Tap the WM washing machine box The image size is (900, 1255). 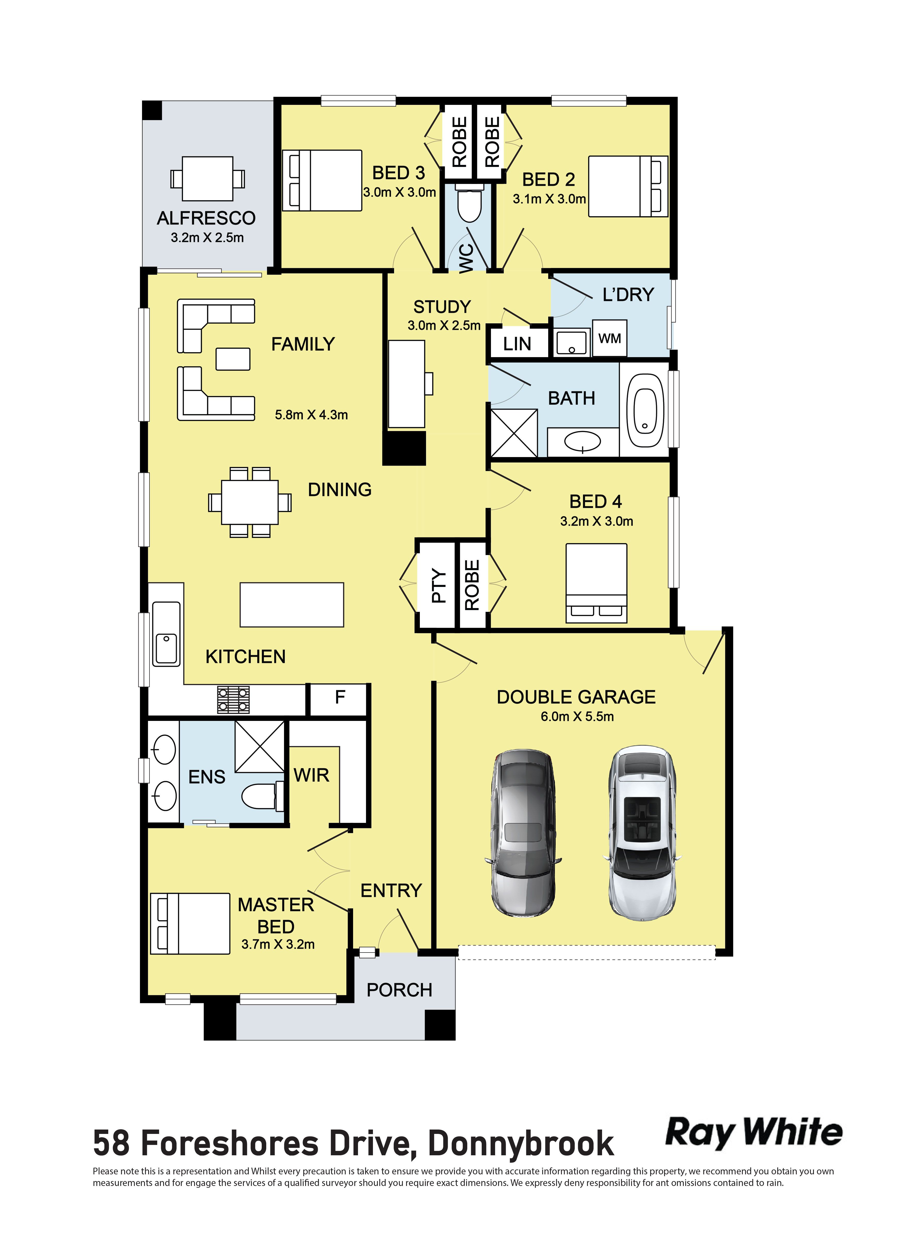(x=610, y=338)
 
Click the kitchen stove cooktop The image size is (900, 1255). (x=233, y=700)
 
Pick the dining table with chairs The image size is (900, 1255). (x=250, y=502)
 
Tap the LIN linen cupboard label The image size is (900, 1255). (x=517, y=344)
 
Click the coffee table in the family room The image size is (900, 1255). (x=233, y=359)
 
